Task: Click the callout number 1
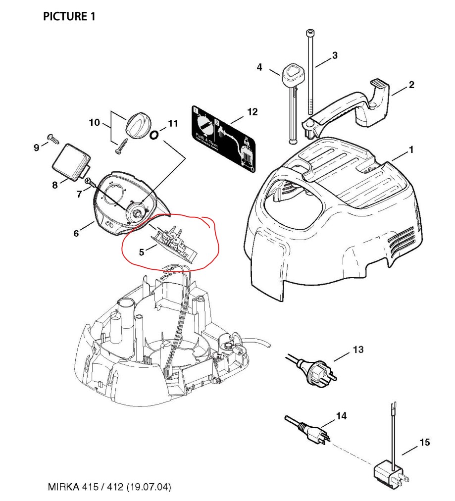click(411, 149)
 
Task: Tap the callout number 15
click(425, 442)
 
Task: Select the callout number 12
click(252, 112)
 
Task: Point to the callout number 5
click(141, 252)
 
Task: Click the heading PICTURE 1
click(69, 17)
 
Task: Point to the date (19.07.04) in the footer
click(150, 487)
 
